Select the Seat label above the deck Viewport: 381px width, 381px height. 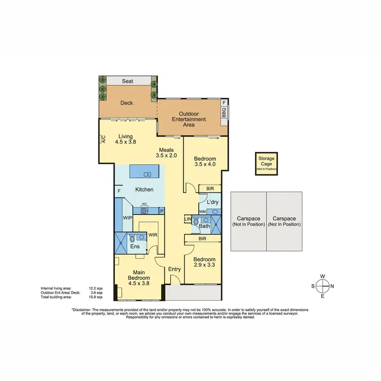pyautogui.click(x=127, y=81)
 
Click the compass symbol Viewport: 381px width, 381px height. pyautogui.click(x=322, y=286)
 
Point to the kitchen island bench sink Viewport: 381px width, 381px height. pyautogui.click(x=147, y=174)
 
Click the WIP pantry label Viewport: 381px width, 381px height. pyautogui.click(x=128, y=217)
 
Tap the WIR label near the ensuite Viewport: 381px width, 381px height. pyautogui.click(x=152, y=235)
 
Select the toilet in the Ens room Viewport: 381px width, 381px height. pyautogui.click(x=133, y=238)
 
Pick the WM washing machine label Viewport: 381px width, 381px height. pyautogui.click(x=202, y=211)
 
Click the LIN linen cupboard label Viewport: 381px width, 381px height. pyautogui.click(x=187, y=219)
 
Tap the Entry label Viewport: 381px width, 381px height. pyautogui.click(x=175, y=269)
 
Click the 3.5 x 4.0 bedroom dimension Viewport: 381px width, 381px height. pyautogui.click(x=205, y=164)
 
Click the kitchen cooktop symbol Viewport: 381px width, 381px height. pyautogui.click(x=144, y=210)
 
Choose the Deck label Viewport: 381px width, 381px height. pyautogui.click(x=126, y=103)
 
